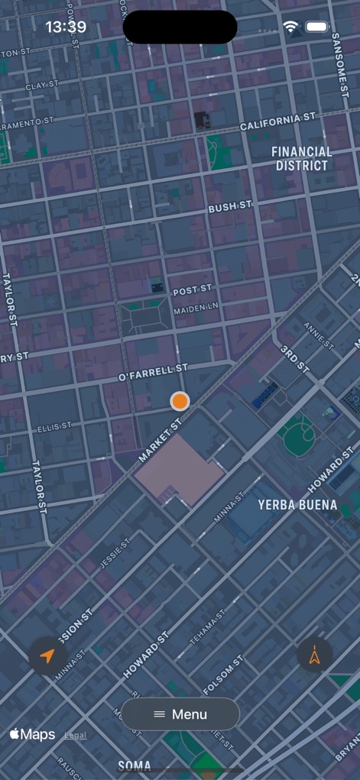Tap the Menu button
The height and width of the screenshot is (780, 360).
[x=180, y=714]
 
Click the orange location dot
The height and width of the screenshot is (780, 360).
[x=180, y=401]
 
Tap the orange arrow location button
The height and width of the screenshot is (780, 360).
[x=47, y=655]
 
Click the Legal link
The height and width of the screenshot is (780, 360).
[x=75, y=736]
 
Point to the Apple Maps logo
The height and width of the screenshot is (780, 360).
[x=33, y=734]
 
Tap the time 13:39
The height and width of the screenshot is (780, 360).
[x=66, y=28]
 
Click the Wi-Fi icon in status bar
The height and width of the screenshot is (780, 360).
[x=290, y=27]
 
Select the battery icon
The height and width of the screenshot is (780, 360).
[x=316, y=27]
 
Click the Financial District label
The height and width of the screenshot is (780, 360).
[x=303, y=159]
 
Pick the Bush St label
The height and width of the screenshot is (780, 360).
[x=230, y=207]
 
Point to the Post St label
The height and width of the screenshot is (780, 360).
[x=193, y=291]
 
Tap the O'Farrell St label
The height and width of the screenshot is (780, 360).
[x=153, y=374]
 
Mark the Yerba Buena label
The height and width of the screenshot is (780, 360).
[x=297, y=505]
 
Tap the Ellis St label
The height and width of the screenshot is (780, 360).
[x=55, y=426]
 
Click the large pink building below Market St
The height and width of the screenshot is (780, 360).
[x=178, y=469]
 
